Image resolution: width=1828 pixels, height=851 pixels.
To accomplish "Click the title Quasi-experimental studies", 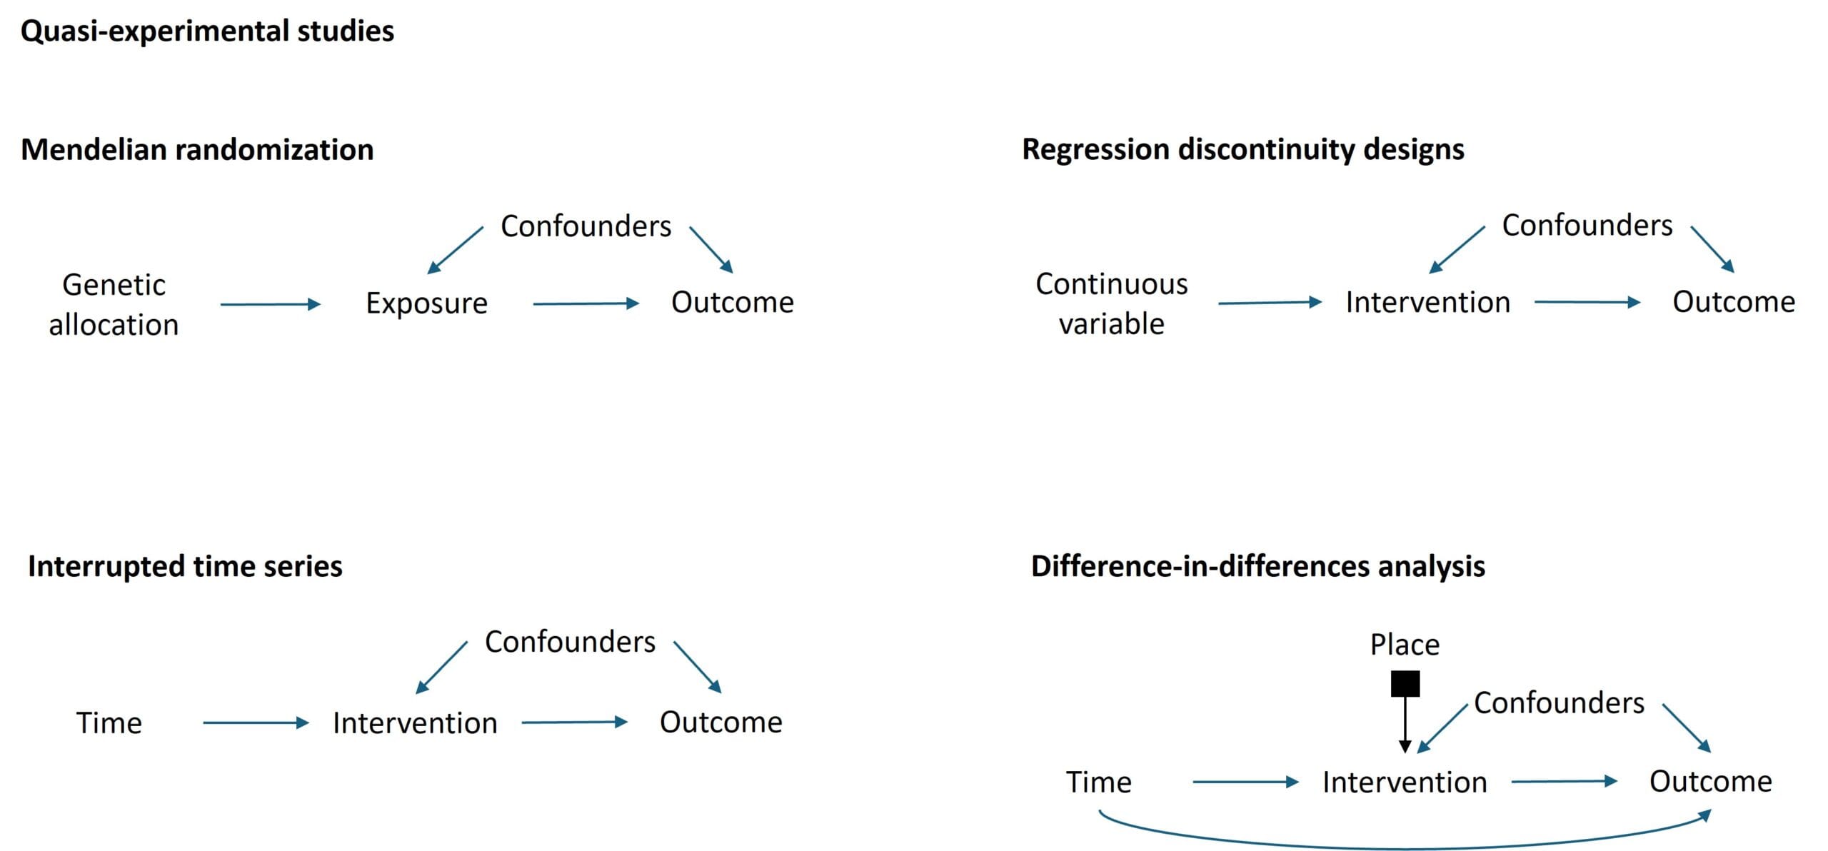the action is point(207,31).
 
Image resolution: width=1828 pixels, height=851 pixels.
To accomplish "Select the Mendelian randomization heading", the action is point(197,150).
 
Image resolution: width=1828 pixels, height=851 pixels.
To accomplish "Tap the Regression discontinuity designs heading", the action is point(1243,150).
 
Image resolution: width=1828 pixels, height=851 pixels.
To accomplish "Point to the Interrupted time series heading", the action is point(185,566).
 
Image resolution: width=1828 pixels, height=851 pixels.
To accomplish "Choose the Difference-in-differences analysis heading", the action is point(1258,566).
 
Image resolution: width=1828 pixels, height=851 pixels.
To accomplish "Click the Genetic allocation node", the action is point(114,305).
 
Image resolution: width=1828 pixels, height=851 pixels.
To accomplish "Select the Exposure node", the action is point(427,303).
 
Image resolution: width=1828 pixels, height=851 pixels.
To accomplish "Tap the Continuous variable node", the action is point(1112,303).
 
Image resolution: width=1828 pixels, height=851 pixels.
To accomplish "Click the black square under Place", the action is point(1405,683).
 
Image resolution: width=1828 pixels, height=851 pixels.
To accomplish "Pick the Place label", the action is point(1405,645).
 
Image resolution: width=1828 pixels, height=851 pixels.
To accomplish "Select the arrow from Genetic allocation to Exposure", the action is point(271,304).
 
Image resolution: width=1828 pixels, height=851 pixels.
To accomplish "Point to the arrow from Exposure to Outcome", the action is point(586,303).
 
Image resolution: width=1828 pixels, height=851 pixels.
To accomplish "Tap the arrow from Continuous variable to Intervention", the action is point(1270,303).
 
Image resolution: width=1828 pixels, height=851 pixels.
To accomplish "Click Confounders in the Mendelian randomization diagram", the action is point(586,226).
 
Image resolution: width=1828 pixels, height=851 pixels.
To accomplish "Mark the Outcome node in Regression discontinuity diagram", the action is point(1734,302).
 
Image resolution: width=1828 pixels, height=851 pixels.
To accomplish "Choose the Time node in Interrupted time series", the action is point(109,723).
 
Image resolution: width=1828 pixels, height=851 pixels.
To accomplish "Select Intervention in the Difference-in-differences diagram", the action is point(1405,782).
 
